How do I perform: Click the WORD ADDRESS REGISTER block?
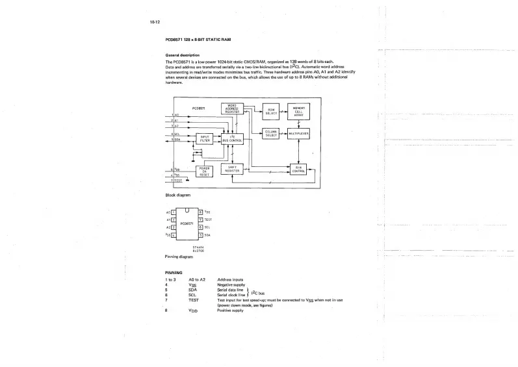coord(233,108)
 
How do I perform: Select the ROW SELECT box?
coord(272,111)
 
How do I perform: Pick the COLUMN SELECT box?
coord(272,134)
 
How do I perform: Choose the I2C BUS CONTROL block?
coord(233,138)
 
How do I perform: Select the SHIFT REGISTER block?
coord(233,169)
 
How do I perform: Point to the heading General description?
coord(183,55)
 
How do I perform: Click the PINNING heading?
coord(174,272)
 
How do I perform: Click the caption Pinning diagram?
coord(179,257)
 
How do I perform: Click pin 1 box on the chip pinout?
coord(173,212)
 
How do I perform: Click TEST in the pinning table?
coord(193,300)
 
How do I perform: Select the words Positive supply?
coord(230,310)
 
